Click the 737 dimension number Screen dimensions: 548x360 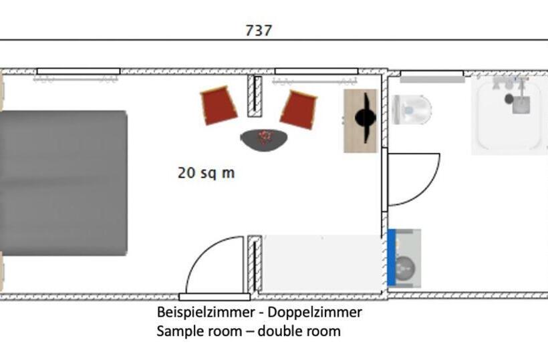(258, 30)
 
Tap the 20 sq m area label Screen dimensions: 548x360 (207, 173)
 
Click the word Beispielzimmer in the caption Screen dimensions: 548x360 (205, 312)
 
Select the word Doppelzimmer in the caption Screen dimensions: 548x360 (315, 312)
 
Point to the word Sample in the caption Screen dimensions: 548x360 (179, 331)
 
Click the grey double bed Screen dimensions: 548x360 (63, 183)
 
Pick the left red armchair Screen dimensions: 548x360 (219, 106)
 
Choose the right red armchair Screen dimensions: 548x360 (299, 110)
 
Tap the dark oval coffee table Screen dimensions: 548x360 (264, 140)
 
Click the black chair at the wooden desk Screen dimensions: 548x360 (366, 118)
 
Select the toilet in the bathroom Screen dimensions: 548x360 (412, 110)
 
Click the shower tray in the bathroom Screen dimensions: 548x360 (509, 116)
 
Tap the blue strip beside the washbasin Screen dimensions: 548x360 (392, 257)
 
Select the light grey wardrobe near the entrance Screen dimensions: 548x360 (321, 263)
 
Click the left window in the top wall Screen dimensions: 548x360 (78, 71)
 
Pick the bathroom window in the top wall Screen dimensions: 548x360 (432, 73)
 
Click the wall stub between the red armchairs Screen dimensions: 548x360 (255, 96)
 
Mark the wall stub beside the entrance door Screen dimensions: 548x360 (255, 264)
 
